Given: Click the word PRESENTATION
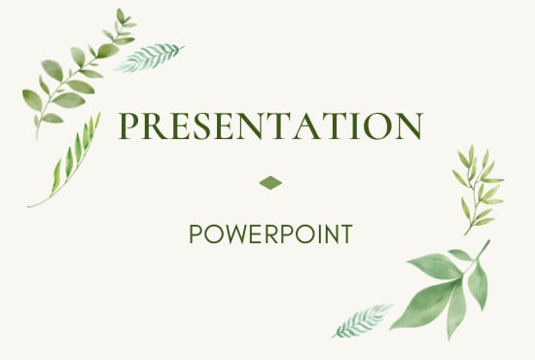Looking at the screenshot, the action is (x=270, y=126).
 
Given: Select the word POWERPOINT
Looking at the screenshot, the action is (x=270, y=234).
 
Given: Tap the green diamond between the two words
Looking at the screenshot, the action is (x=270, y=183).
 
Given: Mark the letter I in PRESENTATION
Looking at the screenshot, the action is (x=354, y=126).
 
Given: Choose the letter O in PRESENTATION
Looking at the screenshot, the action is (x=377, y=126).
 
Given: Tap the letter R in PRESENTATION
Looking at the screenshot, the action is (x=156, y=126).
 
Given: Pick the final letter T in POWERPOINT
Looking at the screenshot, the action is (x=346, y=234).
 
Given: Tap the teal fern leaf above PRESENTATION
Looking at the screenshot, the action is (x=150, y=57).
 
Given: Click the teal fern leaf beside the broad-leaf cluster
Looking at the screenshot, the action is (x=363, y=320).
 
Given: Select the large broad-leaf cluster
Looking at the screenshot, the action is (x=444, y=290).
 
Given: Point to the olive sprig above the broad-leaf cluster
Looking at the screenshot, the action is (x=478, y=190).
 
